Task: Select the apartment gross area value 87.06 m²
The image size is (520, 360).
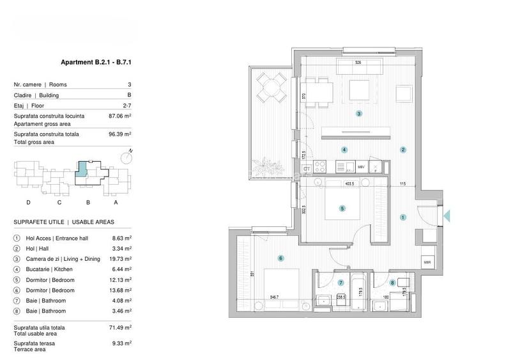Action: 120,116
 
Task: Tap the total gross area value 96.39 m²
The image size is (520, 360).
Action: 120,135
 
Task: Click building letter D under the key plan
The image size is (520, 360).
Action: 28,203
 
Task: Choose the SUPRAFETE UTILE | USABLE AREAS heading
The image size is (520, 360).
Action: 64,222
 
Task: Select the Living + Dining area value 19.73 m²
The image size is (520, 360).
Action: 120,259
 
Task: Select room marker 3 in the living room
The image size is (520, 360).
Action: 360,114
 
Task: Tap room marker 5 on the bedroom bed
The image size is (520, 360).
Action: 342,208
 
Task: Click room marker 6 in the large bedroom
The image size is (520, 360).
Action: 280,258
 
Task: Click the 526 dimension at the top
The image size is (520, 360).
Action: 358,63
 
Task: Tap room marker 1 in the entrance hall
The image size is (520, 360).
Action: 402,217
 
